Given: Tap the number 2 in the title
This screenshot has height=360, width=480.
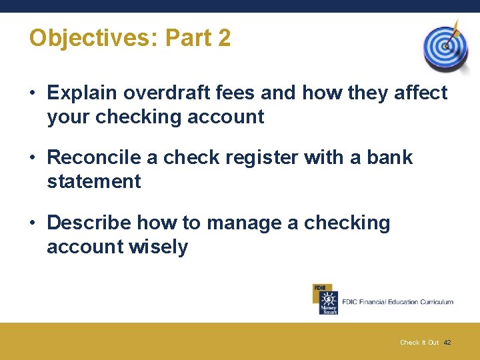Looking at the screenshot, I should click(x=224, y=38).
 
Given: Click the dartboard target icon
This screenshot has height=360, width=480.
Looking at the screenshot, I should click(x=445, y=47).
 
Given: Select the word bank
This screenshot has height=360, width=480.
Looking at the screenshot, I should click(x=390, y=157).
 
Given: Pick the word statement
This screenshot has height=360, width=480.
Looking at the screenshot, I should click(x=94, y=181).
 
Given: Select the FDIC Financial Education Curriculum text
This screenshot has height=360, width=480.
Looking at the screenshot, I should click(x=397, y=302).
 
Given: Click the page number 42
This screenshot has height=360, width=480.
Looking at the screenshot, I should click(x=447, y=343).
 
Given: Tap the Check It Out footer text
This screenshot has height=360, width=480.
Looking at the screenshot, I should click(x=419, y=343).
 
